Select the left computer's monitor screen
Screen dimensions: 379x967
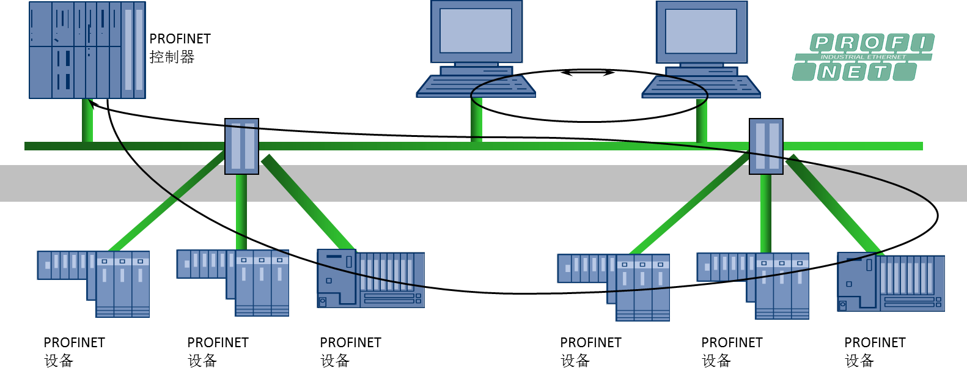click(x=476, y=31)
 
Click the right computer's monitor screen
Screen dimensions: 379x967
click(x=701, y=31)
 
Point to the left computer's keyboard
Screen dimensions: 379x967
click(x=476, y=86)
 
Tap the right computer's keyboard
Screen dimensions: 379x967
click(x=701, y=86)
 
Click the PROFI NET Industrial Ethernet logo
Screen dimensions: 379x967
click(x=862, y=57)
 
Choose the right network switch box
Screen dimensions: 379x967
click(x=766, y=145)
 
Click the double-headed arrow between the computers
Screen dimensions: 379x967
click(x=588, y=73)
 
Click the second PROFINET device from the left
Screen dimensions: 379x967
click(x=233, y=282)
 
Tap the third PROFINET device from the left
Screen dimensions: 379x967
click(x=370, y=279)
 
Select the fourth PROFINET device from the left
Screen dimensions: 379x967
click(x=614, y=286)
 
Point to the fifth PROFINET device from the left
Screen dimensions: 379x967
click(x=753, y=285)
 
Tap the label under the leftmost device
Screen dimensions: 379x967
click(x=73, y=351)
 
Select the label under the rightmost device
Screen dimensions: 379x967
click(x=874, y=351)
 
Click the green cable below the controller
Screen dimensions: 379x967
click(x=87, y=121)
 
